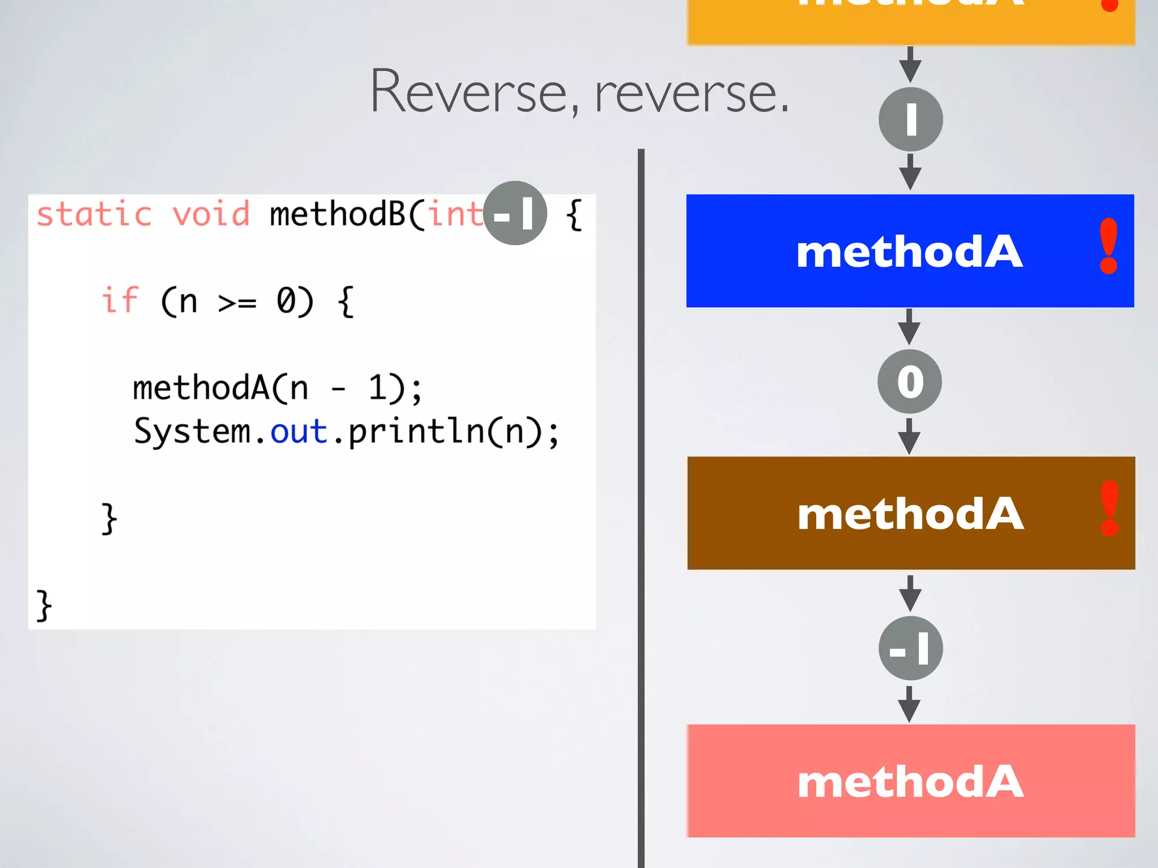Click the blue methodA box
click(909, 251)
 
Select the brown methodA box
click(910, 513)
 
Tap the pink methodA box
click(910, 781)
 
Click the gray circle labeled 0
click(910, 381)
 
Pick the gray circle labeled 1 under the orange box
click(910, 119)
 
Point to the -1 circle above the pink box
click(910, 648)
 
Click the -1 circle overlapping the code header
click(515, 213)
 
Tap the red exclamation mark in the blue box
click(1108, 246)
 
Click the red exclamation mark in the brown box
click(1110, 509)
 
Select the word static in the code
click(94, 215)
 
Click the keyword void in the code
click(211, 215)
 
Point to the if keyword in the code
click(120, 300)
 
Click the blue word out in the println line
click(299, 432)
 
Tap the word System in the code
click(192, 432)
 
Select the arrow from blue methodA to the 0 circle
click(909, 327)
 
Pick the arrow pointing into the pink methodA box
click(909, 704)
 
